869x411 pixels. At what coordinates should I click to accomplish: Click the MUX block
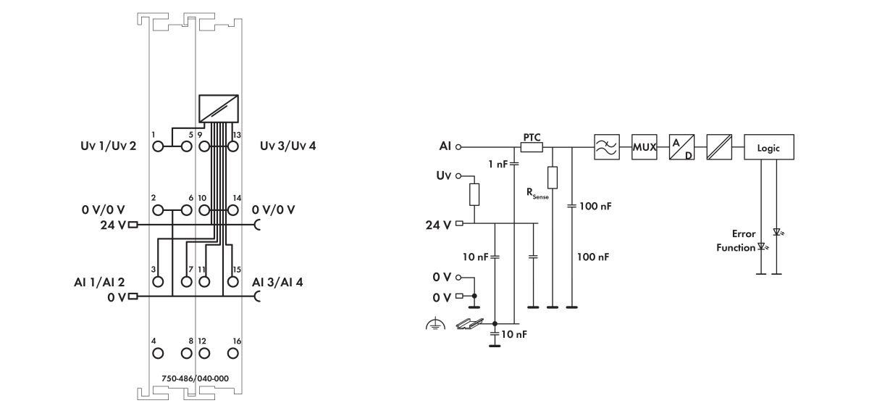[x=644, y=147]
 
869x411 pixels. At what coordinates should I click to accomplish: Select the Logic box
[x=769, y=147]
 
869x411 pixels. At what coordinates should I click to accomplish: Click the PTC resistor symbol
[x=532, y=147]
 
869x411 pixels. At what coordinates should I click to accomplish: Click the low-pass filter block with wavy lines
[x=605, y=147]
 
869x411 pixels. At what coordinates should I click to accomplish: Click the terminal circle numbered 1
[x=159, y=146]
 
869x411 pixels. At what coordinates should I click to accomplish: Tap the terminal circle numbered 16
[x=233, y=354]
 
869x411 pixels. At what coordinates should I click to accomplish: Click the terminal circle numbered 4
[x=159, y=354]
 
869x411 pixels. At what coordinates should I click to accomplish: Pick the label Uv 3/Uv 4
[x=288, y=146]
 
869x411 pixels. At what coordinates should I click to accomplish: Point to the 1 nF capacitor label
[x=498, y=165]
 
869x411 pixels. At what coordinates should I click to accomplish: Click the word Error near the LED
[x=744, y=234]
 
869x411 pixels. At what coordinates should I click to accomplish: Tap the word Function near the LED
[x=736, y=247]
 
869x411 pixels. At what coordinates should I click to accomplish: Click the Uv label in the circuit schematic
[x=443, y=176]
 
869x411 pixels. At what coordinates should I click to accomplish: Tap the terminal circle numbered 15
[x=233, y=281]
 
